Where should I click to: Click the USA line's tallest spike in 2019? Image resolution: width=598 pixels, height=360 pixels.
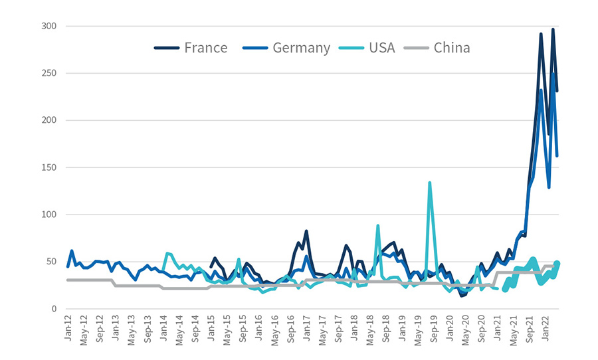tap(430, 183)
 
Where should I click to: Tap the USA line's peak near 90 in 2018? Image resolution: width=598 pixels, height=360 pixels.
tap(378, 226)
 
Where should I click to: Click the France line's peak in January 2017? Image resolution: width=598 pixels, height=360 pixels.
tap(306, 231)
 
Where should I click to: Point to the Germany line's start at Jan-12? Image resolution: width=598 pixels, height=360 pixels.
tap(68, 266)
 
